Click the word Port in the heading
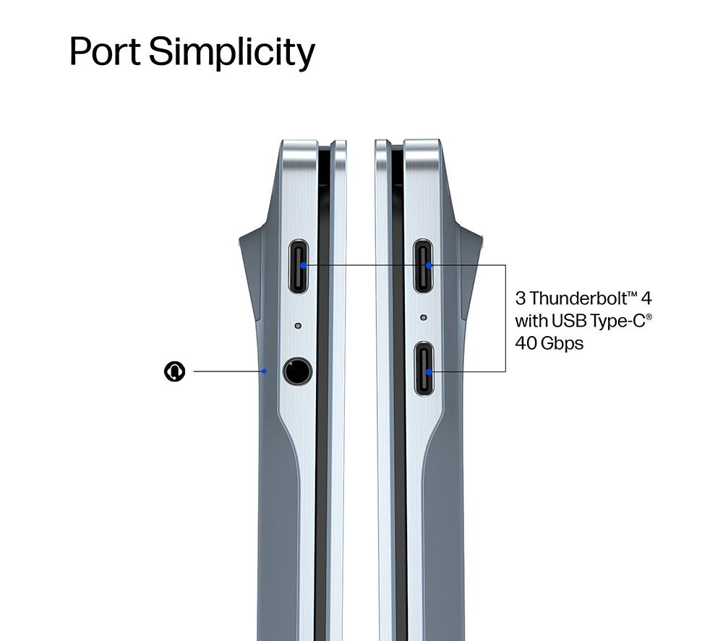point(105,51)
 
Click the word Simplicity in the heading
point(231,53)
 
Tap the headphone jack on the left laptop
point(297,371)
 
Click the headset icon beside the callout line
point(175,371)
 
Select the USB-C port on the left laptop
point(299,267)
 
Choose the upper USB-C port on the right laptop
point(423,267)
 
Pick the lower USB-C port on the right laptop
point(424,369)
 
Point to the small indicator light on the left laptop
point(298,326)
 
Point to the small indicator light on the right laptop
point(424,317)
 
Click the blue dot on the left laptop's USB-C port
point(303,265)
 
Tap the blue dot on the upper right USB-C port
point(429,265)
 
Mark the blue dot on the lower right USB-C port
point(429,371)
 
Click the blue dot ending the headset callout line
point(264,371)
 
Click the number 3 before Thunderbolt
point(520,298)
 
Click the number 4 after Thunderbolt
point(646,298)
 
